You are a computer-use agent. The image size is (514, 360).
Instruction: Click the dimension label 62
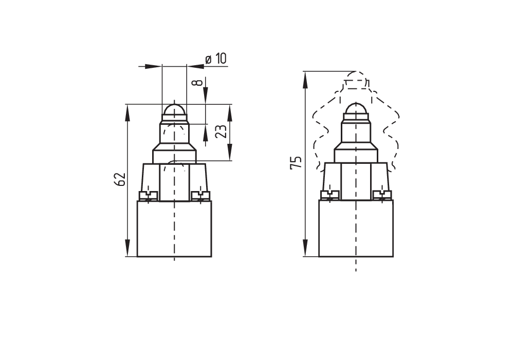point(119,179)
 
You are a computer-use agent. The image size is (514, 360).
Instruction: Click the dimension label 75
point(296,163)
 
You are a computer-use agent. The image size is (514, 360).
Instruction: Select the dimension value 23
point(221,131)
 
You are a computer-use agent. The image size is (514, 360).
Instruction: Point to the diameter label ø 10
point(216,59)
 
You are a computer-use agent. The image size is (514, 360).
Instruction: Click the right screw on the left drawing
point(200,195)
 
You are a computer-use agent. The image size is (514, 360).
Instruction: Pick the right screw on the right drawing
point(382,195)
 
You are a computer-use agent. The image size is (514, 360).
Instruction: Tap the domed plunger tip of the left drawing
point(174,110)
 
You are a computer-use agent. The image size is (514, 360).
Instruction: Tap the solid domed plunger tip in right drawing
point(356,109)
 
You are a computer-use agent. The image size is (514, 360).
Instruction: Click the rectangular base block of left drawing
point(174,229)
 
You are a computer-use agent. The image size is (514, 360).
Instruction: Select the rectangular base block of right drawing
point(356,229)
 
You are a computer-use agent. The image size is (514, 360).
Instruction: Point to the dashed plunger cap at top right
point(356,81)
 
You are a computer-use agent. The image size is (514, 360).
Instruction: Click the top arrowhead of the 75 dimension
point(305,77)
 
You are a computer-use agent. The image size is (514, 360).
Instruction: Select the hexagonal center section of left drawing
point(174,182)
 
